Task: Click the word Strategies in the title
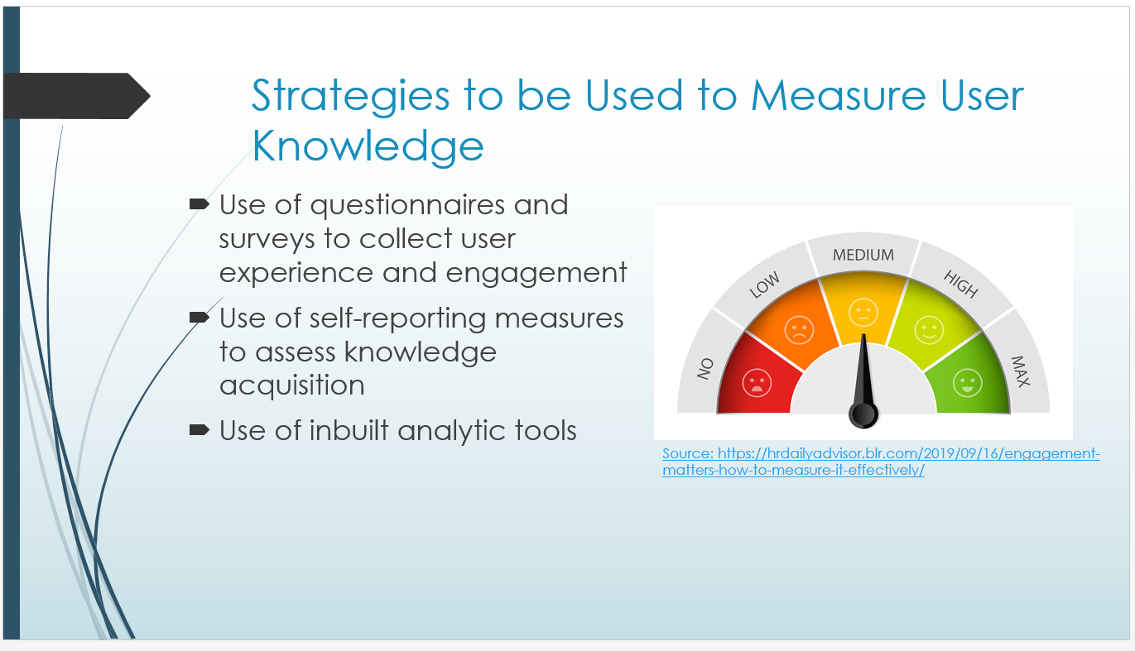coord(350,96)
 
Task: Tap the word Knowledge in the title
coord(368,146)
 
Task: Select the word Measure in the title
coord(839,96)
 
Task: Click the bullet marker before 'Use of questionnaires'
coord(200,204)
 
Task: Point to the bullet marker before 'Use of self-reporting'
coord(200,318)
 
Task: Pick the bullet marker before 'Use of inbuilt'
coord(200,430)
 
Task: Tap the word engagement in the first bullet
coord(536,274)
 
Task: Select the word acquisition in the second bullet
coord(292,385)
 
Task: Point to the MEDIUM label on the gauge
coord(863,255)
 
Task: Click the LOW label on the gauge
coord(765,285)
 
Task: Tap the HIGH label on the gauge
coord(960,284)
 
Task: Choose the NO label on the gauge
coord(705,369)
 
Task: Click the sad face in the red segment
coord(757,383)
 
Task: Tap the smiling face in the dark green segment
coord(967,383)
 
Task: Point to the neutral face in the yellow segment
coord(863,312)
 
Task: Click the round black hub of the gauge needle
coord(863,414)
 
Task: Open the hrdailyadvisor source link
coord(881,462)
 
